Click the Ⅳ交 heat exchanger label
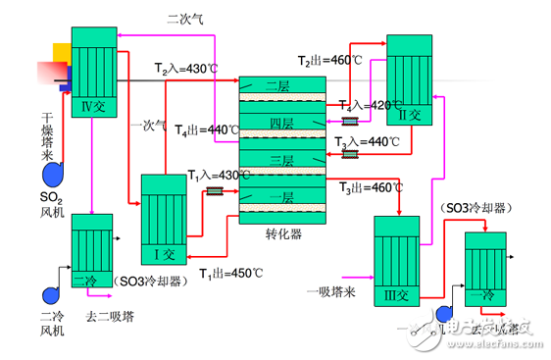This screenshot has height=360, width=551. (x=94, y=107)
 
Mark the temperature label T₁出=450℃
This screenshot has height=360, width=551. (x=232, y=273)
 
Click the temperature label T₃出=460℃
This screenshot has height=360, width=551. (x=372, y=186)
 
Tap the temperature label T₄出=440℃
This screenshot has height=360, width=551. (x=207, y=129)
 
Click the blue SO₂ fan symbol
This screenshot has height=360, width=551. (x=53, y=174)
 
